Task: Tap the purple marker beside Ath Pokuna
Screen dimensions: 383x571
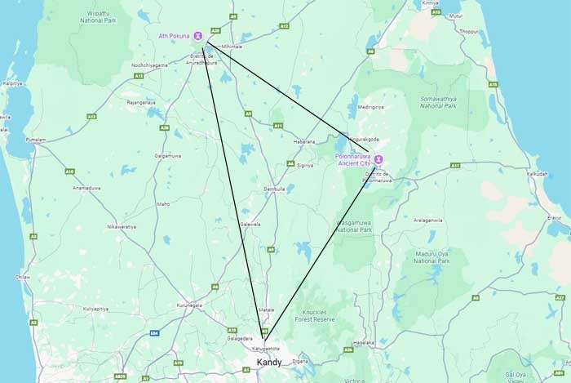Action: (197, 36)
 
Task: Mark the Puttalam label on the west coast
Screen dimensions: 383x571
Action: (36, 140)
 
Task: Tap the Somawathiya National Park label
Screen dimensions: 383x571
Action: (440, 102)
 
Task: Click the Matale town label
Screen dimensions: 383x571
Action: (266, 310)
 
